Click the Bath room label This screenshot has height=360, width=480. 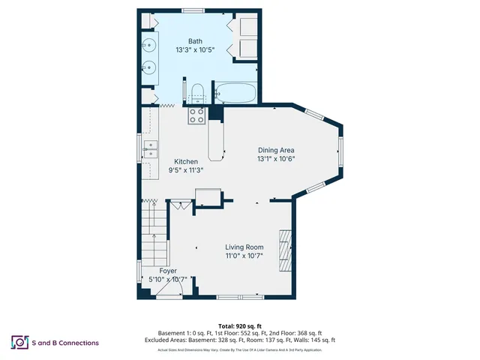(x=195, y=41)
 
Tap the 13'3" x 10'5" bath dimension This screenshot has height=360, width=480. (x=195, y=50)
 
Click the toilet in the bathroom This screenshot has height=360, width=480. (x=198, y=94)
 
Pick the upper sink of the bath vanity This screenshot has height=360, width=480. (x=148, y=43)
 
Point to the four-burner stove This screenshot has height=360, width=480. (x=196, y=115)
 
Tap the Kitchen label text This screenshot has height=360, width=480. (x=186, y=161)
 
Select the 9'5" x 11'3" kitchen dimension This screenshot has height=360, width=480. (x=186, y=170)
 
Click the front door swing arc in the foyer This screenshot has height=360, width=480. (x=187, y=286)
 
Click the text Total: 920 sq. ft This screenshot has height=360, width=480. (x=239, y=326)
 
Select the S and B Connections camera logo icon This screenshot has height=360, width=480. (x=19, y=343)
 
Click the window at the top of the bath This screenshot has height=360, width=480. (x=191, y=10)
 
